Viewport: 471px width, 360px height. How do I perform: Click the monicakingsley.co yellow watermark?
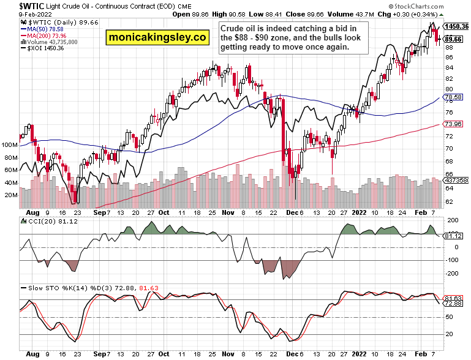coord(156,38)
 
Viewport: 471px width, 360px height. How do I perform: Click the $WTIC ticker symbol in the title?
coord(15,6)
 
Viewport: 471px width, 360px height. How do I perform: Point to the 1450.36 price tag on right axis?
coord(457,26)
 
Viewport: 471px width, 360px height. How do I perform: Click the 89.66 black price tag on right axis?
coord(454,39)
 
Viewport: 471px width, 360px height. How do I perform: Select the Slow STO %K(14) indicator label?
coord(61,287)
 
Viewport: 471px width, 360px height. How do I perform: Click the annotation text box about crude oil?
coord(290,37)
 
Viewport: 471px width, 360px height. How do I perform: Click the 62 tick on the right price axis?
coord(450,201)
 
